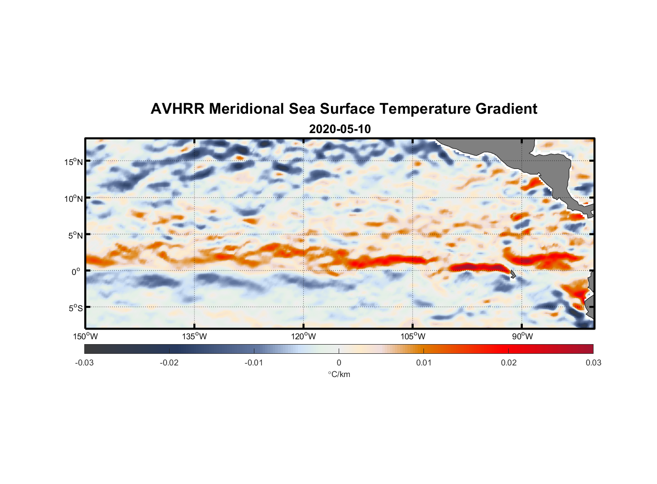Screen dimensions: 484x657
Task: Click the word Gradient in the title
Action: point(506,109)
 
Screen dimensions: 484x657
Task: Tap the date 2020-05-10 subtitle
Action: point(340,129)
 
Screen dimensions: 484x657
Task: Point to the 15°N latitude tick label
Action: point(74,162)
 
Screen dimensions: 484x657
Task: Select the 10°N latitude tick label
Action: point(74,198)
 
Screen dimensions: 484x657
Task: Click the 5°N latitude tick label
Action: point(75,235)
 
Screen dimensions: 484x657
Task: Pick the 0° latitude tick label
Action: point(76,272)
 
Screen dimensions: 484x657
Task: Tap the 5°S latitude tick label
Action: point(75,308)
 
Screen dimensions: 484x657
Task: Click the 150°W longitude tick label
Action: point(85,336)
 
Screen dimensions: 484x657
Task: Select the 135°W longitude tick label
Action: point(194,336)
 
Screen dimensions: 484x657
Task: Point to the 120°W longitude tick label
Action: point(303,336)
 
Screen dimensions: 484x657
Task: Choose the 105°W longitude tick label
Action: point(413,336)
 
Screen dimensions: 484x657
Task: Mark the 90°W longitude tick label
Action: point(522,336)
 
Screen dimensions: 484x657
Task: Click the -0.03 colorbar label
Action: point(84,363)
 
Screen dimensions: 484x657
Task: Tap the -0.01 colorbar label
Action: point(254,363)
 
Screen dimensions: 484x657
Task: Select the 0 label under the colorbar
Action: point(339,363)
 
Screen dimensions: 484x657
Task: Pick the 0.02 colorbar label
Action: point(509,363)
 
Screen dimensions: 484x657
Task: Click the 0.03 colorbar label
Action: point(593,363)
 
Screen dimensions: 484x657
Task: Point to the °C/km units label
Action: point(339,374)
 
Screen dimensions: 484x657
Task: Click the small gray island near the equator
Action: point(513,274)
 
